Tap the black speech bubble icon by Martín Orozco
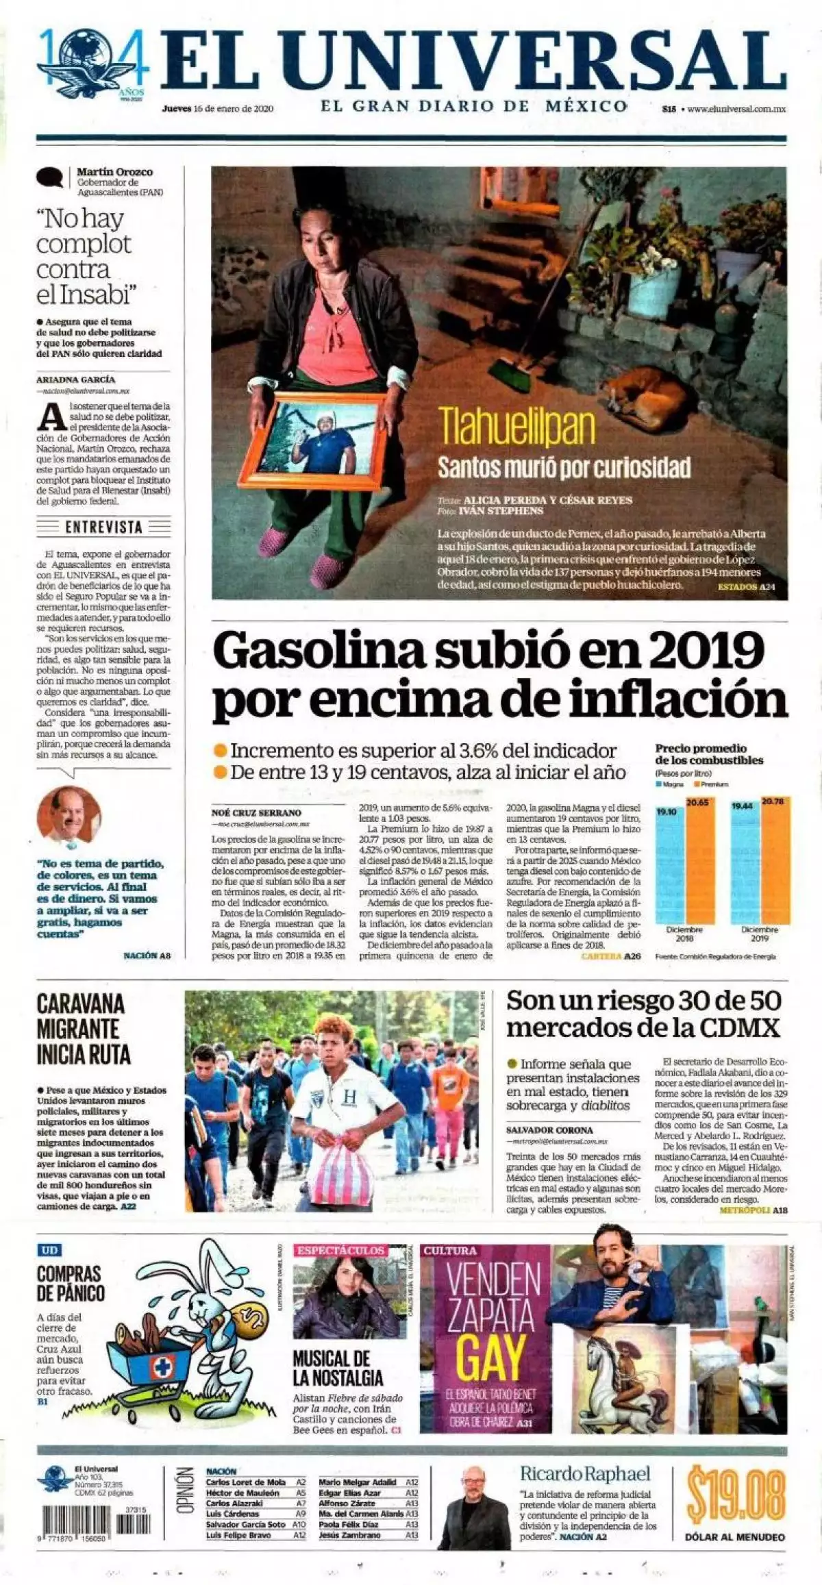49,178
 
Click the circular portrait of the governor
69,814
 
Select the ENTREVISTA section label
103,527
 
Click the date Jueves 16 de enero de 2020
218,108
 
